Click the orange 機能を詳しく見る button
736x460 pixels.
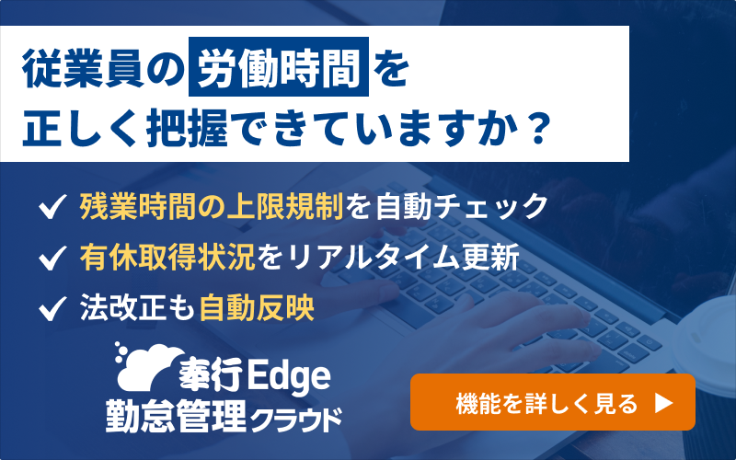pos(552,402)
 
